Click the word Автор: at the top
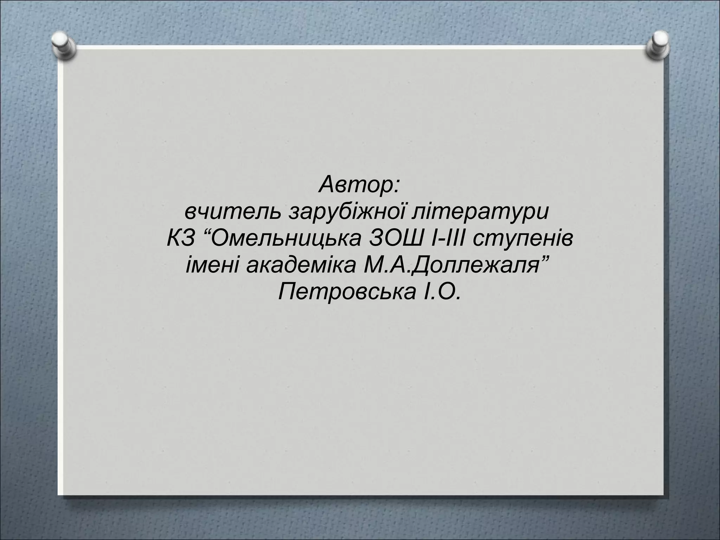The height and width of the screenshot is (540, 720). click(359, 186)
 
